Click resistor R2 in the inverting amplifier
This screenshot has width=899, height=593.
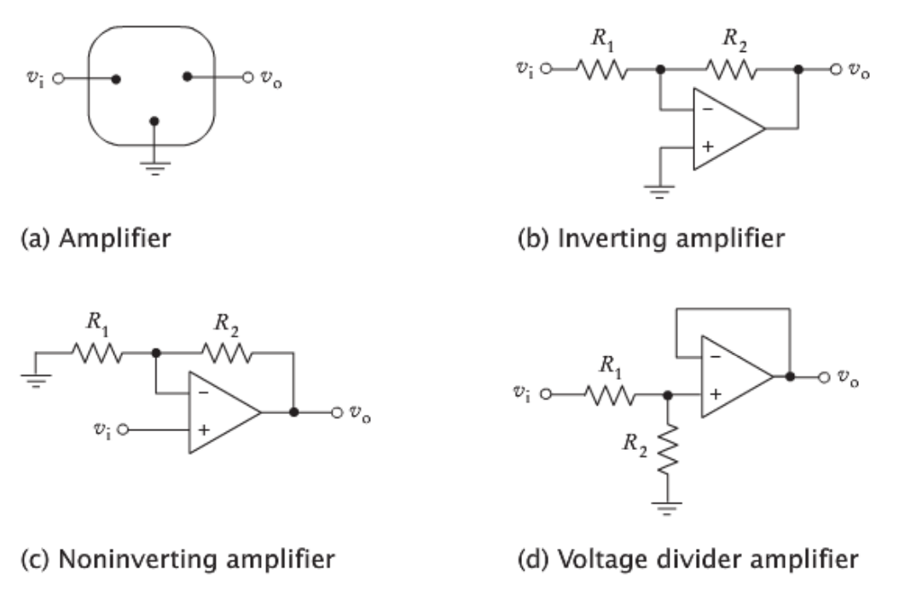[x=729, y=71]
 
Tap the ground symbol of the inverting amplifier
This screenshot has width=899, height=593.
[x=659, y=188]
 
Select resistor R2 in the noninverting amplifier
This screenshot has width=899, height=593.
[x=225, y=352]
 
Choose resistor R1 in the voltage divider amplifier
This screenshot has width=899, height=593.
[x=609, y=394]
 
